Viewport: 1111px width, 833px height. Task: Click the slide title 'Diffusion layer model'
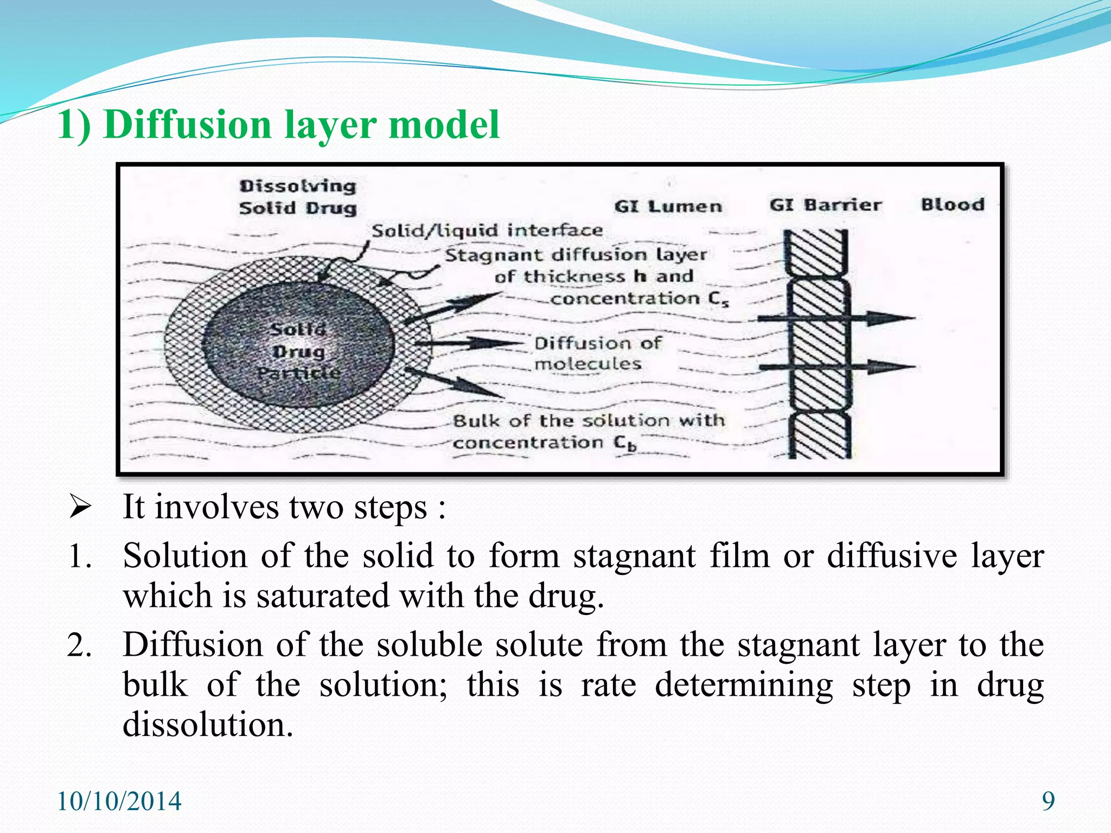coord(278,125)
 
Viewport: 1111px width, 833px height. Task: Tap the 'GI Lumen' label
coord(668,207)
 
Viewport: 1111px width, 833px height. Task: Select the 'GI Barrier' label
coord(825,205)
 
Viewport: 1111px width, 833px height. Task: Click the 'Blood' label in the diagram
coord(953,204)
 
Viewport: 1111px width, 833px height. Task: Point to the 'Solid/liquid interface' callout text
coord(487,230)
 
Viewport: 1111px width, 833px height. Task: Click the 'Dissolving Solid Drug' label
coord(298,197)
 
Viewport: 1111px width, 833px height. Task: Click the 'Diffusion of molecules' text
coord(597,353)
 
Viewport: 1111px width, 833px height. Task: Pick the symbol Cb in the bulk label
coord(625,443)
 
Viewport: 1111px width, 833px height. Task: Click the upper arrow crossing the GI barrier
coord(835,318)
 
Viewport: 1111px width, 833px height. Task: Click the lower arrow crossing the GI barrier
coord(835,367)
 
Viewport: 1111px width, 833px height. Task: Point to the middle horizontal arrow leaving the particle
coord(467,343)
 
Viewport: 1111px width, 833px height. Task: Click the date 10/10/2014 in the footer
coord(119,802)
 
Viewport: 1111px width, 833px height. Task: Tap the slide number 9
coord(1048,801)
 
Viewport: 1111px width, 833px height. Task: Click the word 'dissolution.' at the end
coord(208,725)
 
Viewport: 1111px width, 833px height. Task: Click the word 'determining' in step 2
coord(744,685)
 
